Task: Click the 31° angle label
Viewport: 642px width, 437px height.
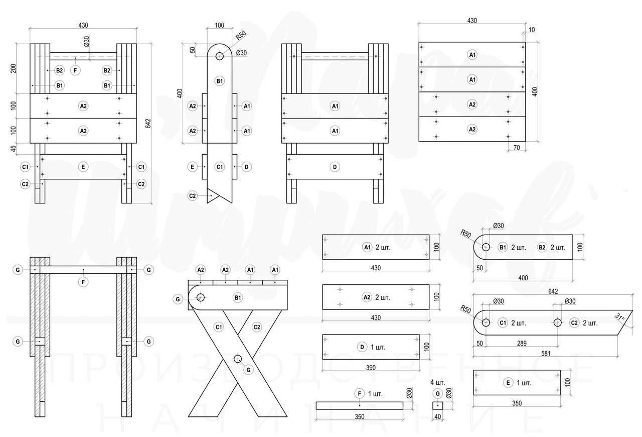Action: click(x=620, y=317)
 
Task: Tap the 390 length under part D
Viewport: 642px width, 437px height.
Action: click(x=370, y=368)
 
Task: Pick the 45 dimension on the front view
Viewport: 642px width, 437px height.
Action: click(x=14, y=148)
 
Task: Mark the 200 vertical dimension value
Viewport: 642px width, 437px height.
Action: click(x=14, y=68)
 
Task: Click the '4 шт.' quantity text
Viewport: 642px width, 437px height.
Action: click(x=437, y=382)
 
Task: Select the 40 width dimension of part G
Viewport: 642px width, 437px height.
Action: click(x=438, y=416)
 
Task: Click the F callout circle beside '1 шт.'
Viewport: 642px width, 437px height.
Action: click(x=359, y=393)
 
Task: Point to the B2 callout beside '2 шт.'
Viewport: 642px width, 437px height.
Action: click(x=542, y=248)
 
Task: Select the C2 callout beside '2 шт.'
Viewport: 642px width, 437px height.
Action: click(x=575, y=323)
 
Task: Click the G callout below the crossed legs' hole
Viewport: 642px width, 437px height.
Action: click(x=248, y=370)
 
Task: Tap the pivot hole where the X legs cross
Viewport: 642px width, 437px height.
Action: click(x=238, y=359)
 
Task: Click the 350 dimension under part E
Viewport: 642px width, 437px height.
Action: click(x=517, y=403)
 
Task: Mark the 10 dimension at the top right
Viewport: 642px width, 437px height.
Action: click(x=531, y=30)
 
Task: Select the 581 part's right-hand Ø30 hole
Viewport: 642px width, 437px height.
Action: click(x=557, y=322)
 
